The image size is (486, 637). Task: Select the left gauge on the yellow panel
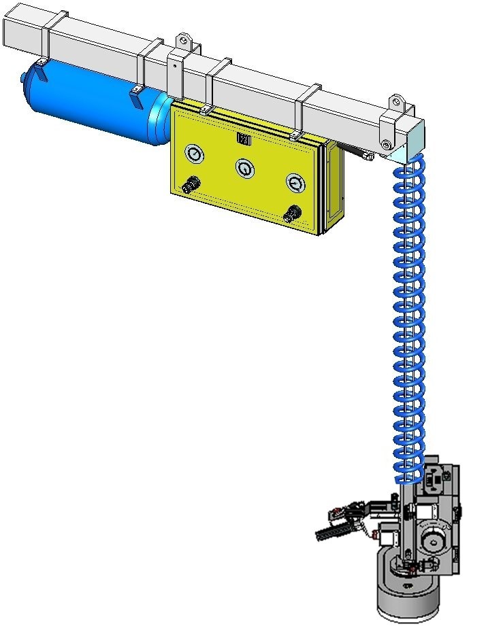(194, 154)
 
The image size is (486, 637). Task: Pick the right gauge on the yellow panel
(295, 182)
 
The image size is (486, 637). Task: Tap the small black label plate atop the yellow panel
(244, 139)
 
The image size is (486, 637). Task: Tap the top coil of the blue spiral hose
(410, 164)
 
